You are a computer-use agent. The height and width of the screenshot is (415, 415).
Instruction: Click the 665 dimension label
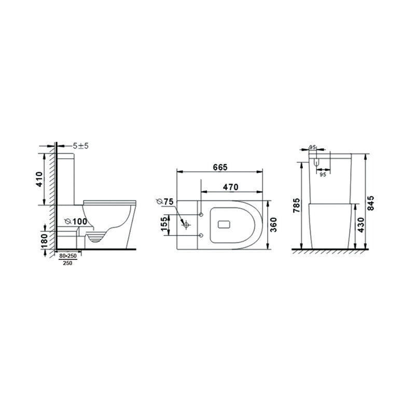coord(220,167)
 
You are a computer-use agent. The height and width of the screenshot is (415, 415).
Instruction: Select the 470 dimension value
coord(230,187)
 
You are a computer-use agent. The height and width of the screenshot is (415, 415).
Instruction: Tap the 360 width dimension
coord(274,225)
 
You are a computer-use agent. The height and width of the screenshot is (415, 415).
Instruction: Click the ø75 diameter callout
coord(165,202)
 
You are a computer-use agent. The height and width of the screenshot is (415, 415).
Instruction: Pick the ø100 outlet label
coord(76,222)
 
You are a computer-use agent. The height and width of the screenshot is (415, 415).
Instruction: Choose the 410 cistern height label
coord(39,179)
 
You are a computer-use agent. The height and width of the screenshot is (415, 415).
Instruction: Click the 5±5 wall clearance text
coord(81,146)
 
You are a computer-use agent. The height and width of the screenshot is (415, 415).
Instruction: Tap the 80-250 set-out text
coord(68,256)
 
